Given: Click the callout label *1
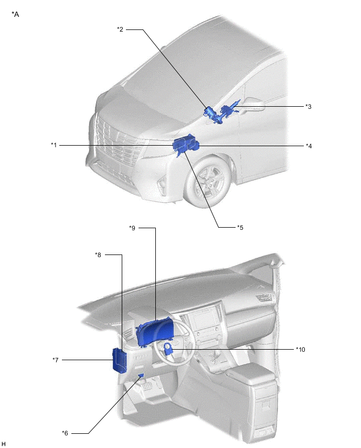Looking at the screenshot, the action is pyautogui.click(x=54, y=145).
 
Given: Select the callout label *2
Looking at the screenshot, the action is pyautogui.click(x=120, y=29).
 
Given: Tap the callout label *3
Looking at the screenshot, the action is pyautogui.click(x=308, y=107).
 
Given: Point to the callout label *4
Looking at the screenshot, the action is pyautogui.click(x=309, y=146).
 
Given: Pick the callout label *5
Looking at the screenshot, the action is pyautogui.click(x=240, y=228).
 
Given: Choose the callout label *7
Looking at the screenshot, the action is pyautogui.click(x=56, y=360).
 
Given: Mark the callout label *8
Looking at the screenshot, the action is pyautogui.click(x=98, y=255).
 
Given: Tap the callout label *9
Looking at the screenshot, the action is pyautogui.click(x=132, y=228).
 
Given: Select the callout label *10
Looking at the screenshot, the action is pyautogui.click(x=301, y=350).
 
